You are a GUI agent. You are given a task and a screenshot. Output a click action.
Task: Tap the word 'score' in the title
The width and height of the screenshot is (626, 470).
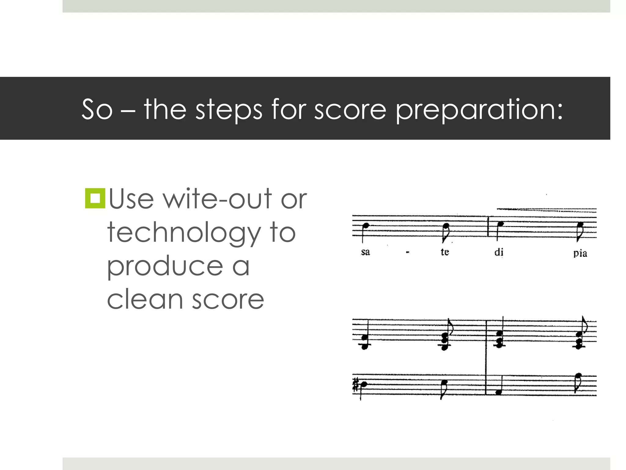350,110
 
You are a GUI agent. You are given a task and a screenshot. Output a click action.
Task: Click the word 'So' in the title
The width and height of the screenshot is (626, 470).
97,110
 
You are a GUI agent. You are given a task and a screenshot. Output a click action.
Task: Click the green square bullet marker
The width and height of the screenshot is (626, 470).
95,199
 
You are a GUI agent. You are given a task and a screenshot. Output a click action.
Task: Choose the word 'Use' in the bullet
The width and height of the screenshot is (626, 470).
131,199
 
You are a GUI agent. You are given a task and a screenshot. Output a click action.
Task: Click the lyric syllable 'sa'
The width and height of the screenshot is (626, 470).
365,252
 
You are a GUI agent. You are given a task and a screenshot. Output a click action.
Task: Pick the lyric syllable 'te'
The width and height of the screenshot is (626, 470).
445,252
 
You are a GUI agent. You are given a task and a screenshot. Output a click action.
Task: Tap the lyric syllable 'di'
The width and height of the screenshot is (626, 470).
499,252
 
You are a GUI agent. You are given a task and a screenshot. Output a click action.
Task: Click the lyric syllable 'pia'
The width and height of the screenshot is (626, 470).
580,253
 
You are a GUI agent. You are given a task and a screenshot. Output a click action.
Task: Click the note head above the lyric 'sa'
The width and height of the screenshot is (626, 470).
366,226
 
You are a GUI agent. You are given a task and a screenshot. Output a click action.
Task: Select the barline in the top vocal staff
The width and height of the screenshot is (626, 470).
488,226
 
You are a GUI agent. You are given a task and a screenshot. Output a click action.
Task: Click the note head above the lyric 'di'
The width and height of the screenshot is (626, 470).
500,225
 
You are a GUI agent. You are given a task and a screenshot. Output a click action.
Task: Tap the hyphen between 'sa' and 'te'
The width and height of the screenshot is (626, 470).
407,253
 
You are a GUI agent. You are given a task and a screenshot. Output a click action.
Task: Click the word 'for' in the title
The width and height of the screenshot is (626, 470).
288,110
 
